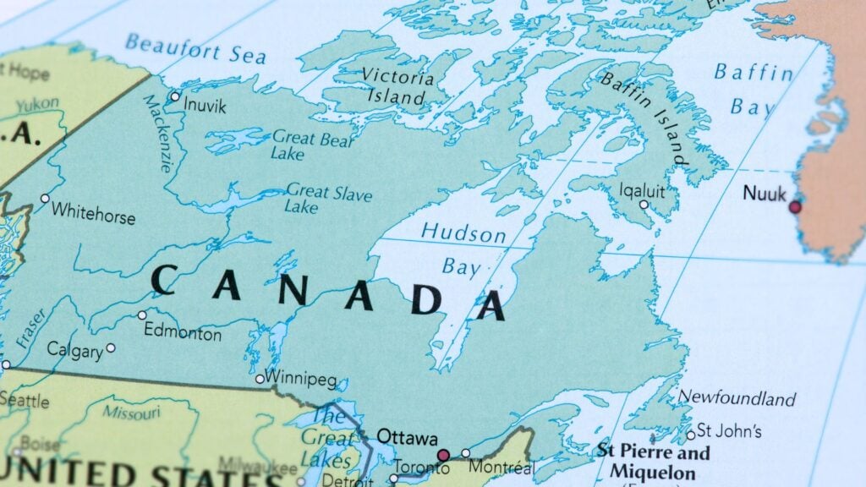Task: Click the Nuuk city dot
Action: coord(795,207)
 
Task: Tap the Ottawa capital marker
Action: coord(443,456)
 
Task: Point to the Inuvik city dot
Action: coord(175,96)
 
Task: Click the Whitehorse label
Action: coord(93,214)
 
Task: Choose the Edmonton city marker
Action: coord(142,315)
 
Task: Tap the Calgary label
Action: coord(74,349)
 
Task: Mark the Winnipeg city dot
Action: coord(260,379)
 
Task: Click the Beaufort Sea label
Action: coord(195,49)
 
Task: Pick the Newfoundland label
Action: coord(737,397)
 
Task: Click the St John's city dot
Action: coord(691,435)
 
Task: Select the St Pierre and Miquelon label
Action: coord(653,460)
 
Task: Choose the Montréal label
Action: coord(502,467)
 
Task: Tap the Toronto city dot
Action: coord(393,479)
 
